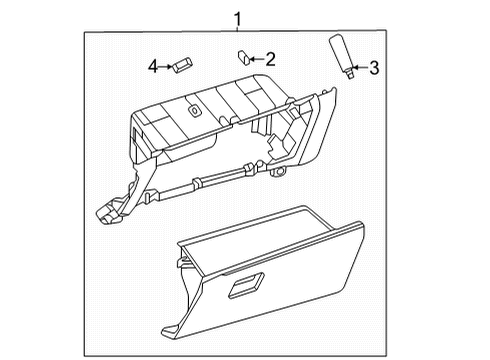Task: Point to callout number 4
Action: [153, 66]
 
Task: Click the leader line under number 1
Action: [237, 30]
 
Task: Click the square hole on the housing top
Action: [193, 109]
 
